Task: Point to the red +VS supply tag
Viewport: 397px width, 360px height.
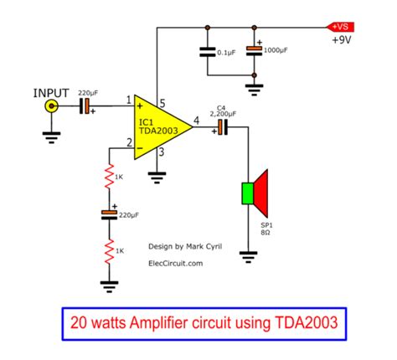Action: point(344,26)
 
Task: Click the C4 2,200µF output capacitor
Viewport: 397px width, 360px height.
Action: point(222,126)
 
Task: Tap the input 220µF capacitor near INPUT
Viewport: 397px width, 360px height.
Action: point(86,106)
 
